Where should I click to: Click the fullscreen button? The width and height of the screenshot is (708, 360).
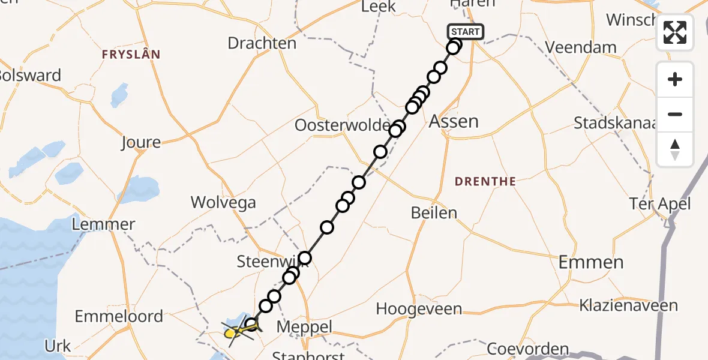pyautogui.click(x=675, y=32)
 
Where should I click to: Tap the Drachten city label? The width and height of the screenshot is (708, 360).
pyautogui.click(x=262, y=43)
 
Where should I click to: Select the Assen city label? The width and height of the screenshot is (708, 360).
pyautogui.click(x=454, y=122)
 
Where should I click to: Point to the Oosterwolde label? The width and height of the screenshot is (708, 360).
pyautogui.click(x=342, y=125)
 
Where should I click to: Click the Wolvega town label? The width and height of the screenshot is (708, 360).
pyautogui.click(x=223, y=202)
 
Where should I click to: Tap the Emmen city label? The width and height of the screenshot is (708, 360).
pyautogui.click(x=590, y=262)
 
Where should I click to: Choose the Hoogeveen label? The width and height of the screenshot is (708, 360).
pyautogui.click(x=419, y=309)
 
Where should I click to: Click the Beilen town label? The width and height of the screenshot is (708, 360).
pyautogui.click(x=434, y=212)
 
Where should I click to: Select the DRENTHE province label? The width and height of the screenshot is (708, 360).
pyautogui.click(x=485, y=181)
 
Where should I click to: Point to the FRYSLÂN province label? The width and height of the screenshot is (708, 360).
pyautogui.click(x=131, y=55)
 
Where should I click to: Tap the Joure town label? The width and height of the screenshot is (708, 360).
pyautogui.click(x=141, y=142)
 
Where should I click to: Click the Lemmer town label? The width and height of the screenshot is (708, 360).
pyautogui.click(x=103, y=224)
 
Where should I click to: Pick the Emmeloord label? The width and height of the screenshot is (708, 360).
pyautogui.click(x=119, y=316)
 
